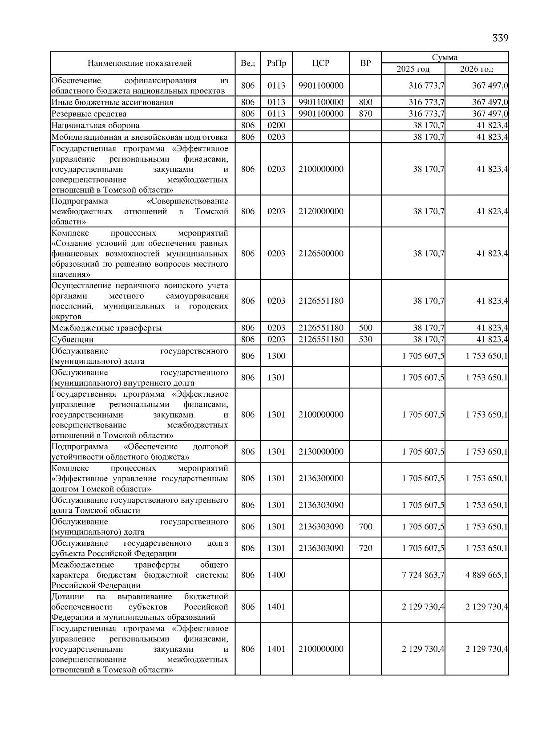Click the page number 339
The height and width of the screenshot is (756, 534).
click(x=500, y=38)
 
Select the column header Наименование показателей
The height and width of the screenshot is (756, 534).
click(x=139, y=63)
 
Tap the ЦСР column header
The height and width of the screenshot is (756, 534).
click(x=320, y=63)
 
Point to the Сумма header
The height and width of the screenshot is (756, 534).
click(x=445, y=57)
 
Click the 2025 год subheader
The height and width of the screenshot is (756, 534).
click(x=413, y=69)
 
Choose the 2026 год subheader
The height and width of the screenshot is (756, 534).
click(x=477, y=69)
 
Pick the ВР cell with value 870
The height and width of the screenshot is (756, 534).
click(x=365, y=114)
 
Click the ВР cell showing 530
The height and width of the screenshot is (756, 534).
click(x=365, y=339)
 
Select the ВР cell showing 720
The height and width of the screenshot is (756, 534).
click(x=365, y=548)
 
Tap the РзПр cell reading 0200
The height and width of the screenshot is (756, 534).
click(x=276, y=125)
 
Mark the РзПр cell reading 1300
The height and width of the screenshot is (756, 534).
click(x=276, y=356)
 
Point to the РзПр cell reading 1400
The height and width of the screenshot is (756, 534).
click(x=276, y=575)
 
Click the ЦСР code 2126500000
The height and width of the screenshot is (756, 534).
click(x=321, y=253)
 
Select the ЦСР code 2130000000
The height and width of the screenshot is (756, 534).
click(x=321, y=451)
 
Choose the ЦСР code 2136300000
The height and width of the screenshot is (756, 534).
click(x=321, y=478)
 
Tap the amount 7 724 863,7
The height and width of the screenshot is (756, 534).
click(x=423, y=575)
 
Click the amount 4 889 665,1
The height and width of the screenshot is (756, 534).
click(x=486, y=575)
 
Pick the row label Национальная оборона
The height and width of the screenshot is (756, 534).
click(x=95, y=126)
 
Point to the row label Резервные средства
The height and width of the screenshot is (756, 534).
click(x=89, y=114)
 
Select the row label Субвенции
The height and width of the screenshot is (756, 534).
click(x=73, y=340)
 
